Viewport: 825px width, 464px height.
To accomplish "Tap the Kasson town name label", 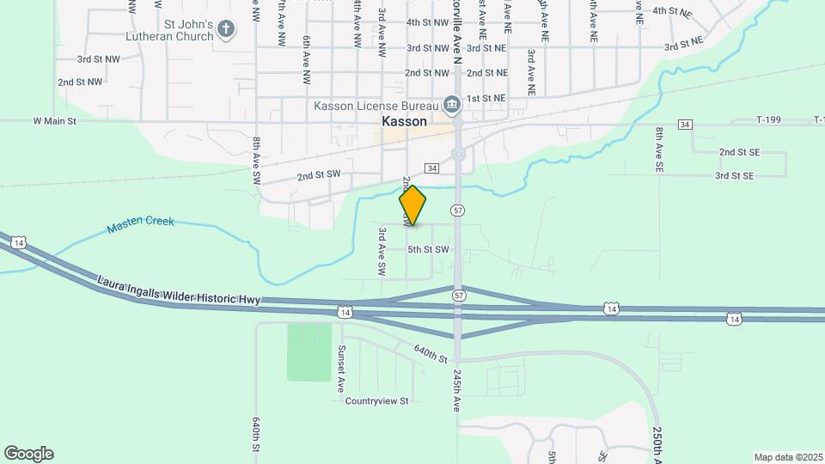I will point(404,122).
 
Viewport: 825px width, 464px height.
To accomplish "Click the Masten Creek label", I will point(141,224).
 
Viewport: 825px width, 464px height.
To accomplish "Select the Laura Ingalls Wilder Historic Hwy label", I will point(178,290).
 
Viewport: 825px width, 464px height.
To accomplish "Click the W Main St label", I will point(55,122).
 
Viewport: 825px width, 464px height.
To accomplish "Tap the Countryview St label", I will point(377,401).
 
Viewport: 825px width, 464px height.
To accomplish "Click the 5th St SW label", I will point(429,249).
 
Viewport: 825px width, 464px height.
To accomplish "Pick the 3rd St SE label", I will point(734,175).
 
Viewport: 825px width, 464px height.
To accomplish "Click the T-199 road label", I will point(769,120).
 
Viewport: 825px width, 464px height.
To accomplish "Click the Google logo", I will point(28,454).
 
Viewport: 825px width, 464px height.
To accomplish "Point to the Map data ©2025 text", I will point(786,457).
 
